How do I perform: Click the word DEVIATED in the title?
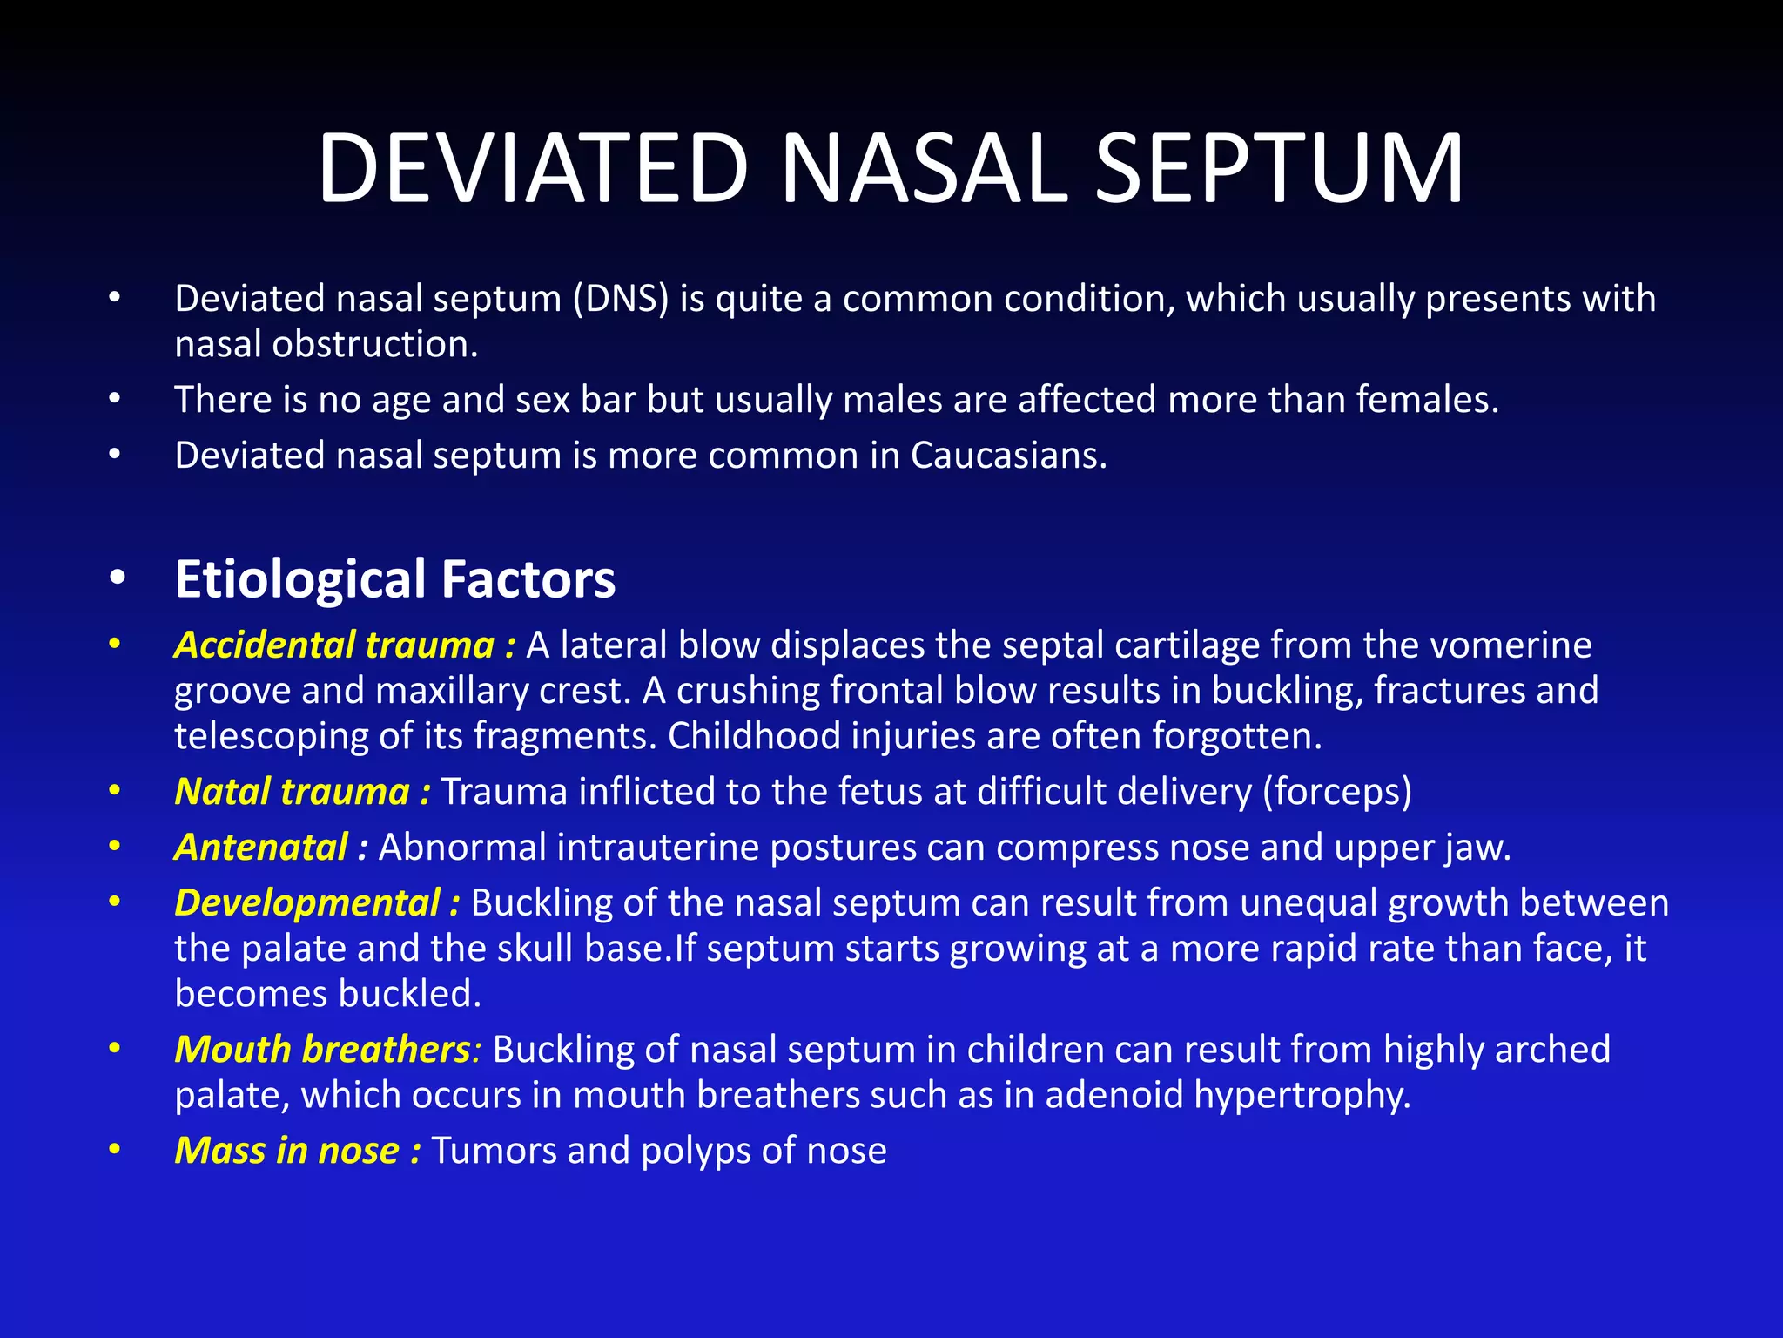click(533, 167)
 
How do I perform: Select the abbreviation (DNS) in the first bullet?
click(621, 299)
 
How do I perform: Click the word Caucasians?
click(1008, 456)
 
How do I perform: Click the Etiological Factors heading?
click(394, 579)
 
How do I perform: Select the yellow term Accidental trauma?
click(334, 645)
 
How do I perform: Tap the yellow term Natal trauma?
click(292, 792)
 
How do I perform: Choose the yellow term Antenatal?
click(261, 848)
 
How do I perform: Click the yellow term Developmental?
click(307, 903)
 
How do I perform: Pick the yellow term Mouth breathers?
click(322, 1050)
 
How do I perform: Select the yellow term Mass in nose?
click(286, 1151)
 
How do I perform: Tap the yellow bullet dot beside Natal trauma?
click(114, 791)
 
